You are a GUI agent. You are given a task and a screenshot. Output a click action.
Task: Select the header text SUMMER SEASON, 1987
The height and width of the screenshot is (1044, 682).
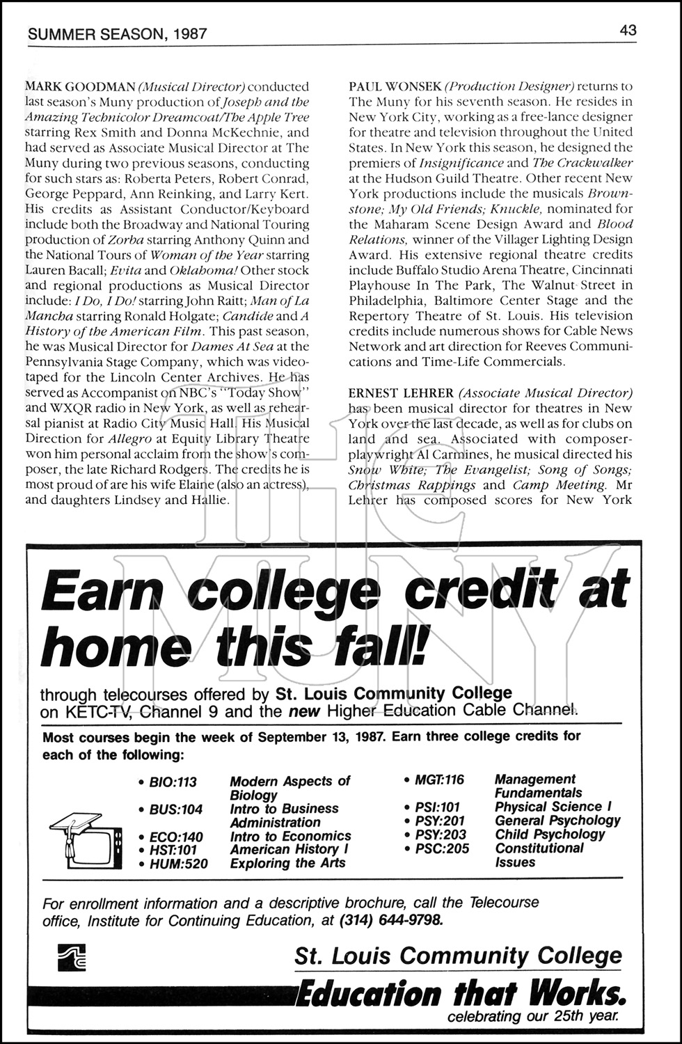(116, 33)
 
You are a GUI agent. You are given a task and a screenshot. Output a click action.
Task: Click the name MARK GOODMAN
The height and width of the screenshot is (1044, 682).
(80, 87)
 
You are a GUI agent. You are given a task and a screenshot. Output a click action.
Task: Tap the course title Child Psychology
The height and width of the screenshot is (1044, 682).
(550, 835)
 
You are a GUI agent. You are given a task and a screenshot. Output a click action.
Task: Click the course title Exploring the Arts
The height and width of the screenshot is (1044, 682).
(287, 863)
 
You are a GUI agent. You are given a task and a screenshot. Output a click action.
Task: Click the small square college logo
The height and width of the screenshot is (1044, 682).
(72, 957)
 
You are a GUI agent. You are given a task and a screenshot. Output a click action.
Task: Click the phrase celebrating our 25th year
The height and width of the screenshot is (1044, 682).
(532, 1017)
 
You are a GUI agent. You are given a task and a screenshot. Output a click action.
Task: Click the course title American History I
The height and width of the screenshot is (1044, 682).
(290, 849)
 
